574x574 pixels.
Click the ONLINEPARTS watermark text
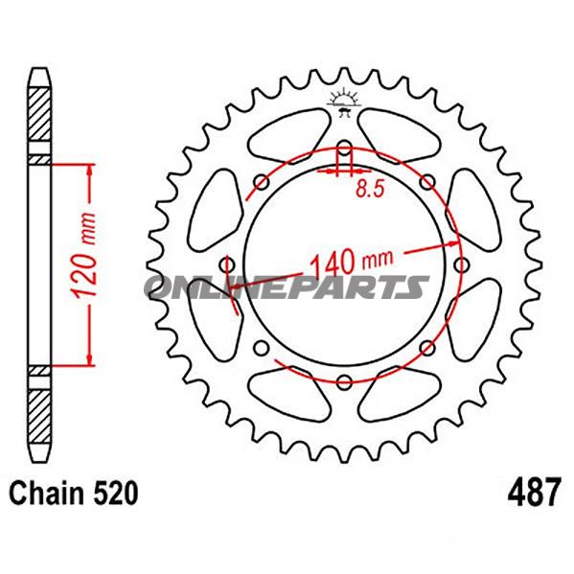click(x=287, y=287)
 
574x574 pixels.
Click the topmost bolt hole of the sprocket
click(x=344, y=149)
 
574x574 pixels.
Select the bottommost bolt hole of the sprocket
click(x=344, y=383)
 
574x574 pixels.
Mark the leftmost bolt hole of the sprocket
click(x=227, y=265)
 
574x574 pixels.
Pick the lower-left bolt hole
click(x=262, y=349)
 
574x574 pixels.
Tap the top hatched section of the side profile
click(x=37, y=120)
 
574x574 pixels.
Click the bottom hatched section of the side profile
click(x=37, y=410)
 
